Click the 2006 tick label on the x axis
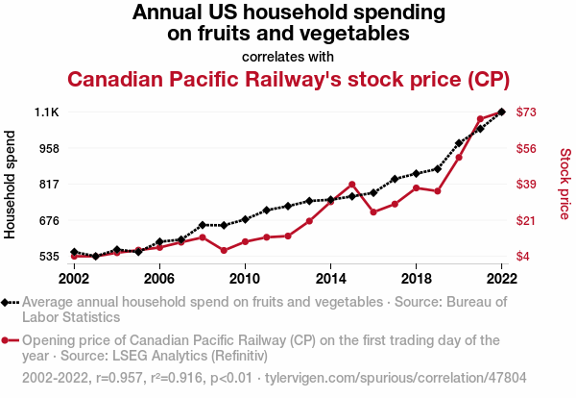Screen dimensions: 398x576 pyautogui.click(x=159, y=278)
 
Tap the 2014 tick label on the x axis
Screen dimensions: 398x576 pyautogui.click(x=330, y=278)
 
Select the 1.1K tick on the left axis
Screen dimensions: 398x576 pyautogui.click(x=47, y=112)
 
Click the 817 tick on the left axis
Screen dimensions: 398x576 pyautogui.click(x=48, y=185)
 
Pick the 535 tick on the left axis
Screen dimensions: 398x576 pyautogui.click(x=48, y=257)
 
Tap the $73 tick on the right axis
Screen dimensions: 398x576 pyautogui.click(x=526, y=112)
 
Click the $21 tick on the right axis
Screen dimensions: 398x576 pyautogui.click(x=526, y=220)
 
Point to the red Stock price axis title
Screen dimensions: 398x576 pyautogui.click(x=564, y=184)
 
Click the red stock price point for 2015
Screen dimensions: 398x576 pyautogui.click(x=352, y=185)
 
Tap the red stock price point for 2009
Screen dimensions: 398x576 pyautogui.click(x=224, y=250)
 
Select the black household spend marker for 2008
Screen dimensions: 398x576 pyautogui.click(x=203, y=225)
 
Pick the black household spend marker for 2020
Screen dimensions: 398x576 pyautogui.click(x=459, y=143)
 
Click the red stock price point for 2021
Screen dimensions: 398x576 pyautogui.click(x=480, y=119)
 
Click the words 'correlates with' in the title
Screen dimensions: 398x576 pyautogui.click(x=288, y=56)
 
